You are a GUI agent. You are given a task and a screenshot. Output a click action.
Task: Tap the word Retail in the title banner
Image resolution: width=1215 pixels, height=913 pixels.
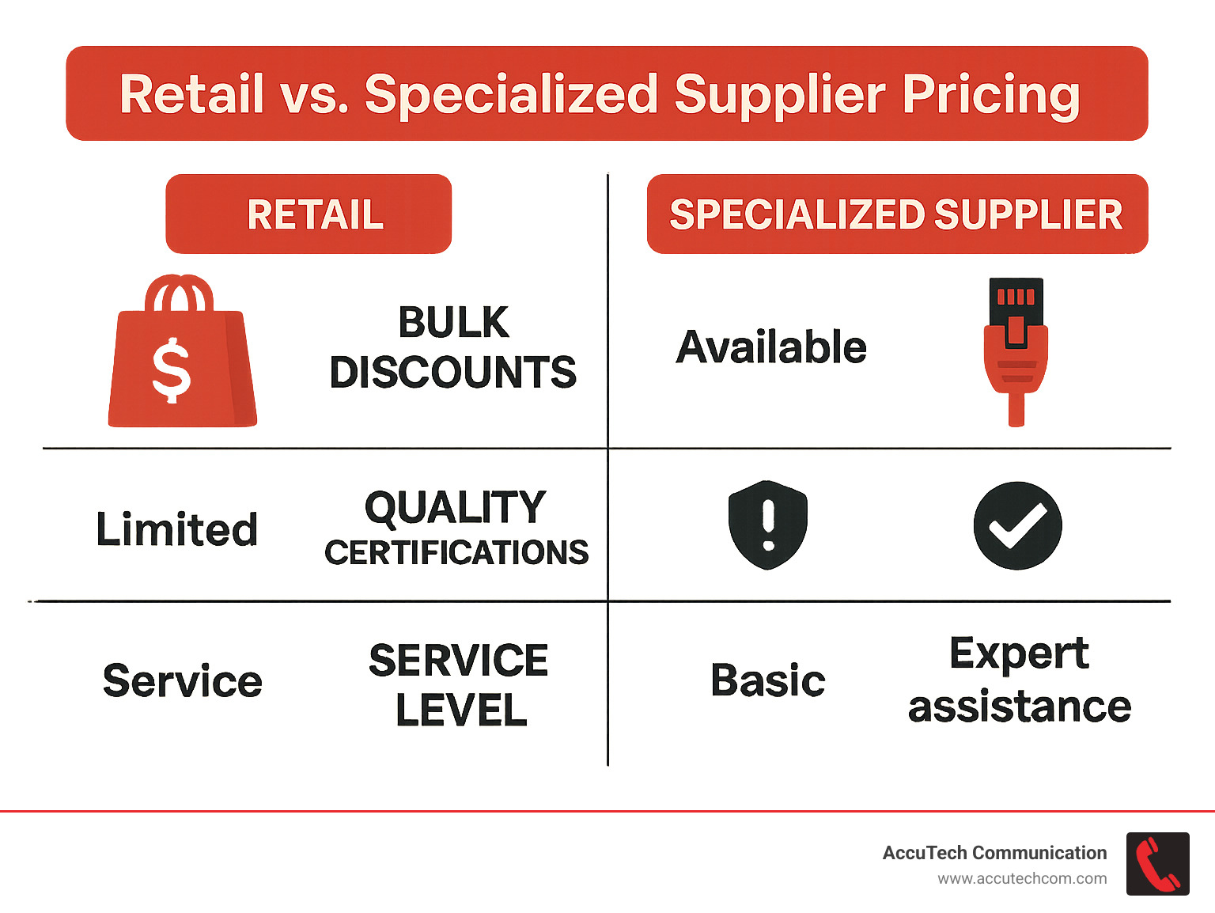(x=191, y=94)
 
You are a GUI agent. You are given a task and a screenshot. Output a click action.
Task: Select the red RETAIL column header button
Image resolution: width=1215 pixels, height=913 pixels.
(x=308, y=214)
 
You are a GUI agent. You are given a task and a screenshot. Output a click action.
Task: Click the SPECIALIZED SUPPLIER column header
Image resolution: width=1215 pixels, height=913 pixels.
(x=896, y=214)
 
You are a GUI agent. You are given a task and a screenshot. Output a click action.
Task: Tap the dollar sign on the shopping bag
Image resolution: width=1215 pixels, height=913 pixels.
(x=172, y=370)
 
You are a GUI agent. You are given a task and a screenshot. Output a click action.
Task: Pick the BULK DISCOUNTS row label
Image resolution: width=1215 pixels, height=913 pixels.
(x=453, y=347)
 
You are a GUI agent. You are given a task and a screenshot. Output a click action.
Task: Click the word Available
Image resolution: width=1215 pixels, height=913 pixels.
(x=771, y=347)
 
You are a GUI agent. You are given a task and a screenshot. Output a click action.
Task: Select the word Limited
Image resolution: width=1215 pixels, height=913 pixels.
(x=177, y=529)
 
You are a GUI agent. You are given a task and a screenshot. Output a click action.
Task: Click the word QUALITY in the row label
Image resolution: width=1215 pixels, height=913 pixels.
(x=456, y=507)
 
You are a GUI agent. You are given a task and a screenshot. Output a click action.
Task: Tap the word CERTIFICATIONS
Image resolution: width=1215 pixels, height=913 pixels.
(x=456, y=553)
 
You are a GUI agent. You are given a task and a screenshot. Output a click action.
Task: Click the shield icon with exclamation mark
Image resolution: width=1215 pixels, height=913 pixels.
(x=767, y=525)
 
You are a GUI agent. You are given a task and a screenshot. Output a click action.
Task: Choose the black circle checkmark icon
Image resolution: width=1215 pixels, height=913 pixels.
(x=1017, y=525)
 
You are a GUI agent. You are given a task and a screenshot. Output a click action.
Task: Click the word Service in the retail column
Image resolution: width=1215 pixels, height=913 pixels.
(x=183, y=681)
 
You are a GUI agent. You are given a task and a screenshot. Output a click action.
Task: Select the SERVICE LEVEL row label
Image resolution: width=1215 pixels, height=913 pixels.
(x=460, y=685)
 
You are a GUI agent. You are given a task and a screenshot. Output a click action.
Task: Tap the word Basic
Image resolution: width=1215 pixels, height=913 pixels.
(x=767, y=680)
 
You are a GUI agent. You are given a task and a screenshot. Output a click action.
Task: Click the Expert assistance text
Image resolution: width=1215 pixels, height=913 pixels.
(x=1020, y=680)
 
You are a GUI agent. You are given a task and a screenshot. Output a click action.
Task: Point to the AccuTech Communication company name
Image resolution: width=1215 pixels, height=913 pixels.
(x=994, y=853)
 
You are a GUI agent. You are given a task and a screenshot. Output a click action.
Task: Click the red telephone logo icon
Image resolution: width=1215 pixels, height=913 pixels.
(x=1157, y=864)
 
